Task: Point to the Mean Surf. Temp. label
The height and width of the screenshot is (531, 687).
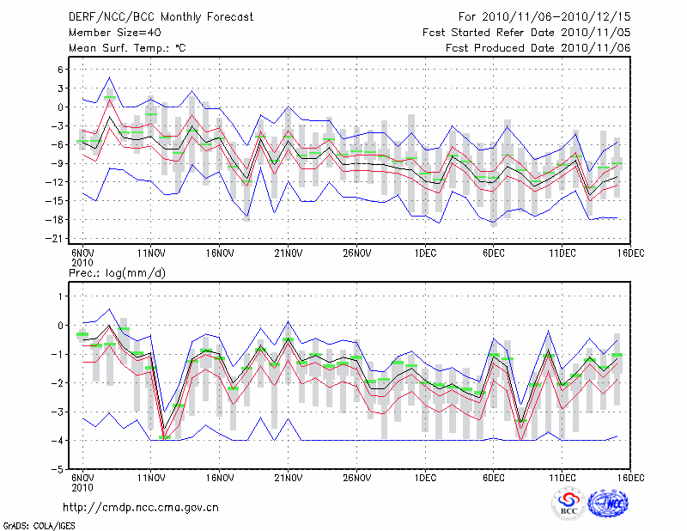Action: [126, 47]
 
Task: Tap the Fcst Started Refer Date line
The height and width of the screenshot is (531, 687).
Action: [526, 32]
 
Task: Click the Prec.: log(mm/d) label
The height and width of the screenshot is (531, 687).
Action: [117, 272]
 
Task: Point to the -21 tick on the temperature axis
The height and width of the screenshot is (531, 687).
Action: [57, 239]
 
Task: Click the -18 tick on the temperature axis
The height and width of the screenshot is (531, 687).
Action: [57, 220]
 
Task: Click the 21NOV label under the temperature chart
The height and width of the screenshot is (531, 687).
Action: [289, 253]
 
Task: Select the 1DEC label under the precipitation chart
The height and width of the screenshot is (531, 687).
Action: [425, 478]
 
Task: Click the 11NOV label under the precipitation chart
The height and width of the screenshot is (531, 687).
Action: [151, 478]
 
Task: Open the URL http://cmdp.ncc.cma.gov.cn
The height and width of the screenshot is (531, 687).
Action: [141, 507]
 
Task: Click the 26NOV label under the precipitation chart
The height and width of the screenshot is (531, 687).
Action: [356, 478]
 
